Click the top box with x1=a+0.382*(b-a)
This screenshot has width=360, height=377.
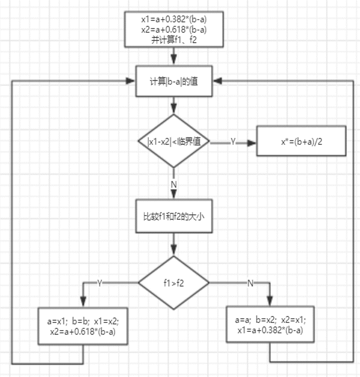[x=174, y=29]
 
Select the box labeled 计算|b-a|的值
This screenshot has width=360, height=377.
[x=174, y=82]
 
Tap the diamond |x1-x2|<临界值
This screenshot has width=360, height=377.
[x=174, y=141]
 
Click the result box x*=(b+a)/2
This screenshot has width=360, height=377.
[x=301, y=141]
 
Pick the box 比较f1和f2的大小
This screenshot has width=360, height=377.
[x=174, y=217]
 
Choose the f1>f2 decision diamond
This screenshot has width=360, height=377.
[x=174, y=282]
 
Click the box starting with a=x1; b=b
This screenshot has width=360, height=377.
[x=83, y=325]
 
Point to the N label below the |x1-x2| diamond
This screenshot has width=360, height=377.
[x=174, y=183]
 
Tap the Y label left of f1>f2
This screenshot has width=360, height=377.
[x=99, y=283]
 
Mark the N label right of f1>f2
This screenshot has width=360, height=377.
[x=250, y=283]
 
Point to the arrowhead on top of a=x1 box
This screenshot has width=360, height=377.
[x=83, y=303]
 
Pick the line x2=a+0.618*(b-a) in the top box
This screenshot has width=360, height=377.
[x=174, y=29]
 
